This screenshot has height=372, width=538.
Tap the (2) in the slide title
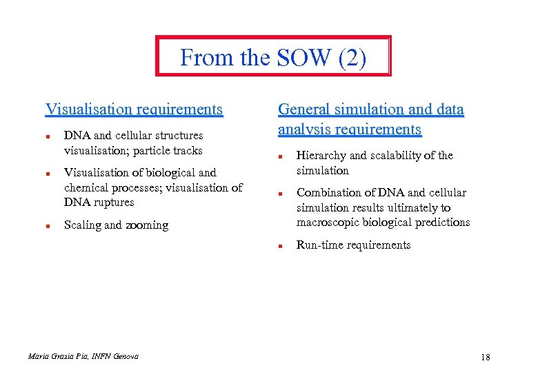tap(352, 58)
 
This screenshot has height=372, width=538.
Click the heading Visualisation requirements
tap(134, 109)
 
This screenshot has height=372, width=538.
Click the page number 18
tap(485, 357)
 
